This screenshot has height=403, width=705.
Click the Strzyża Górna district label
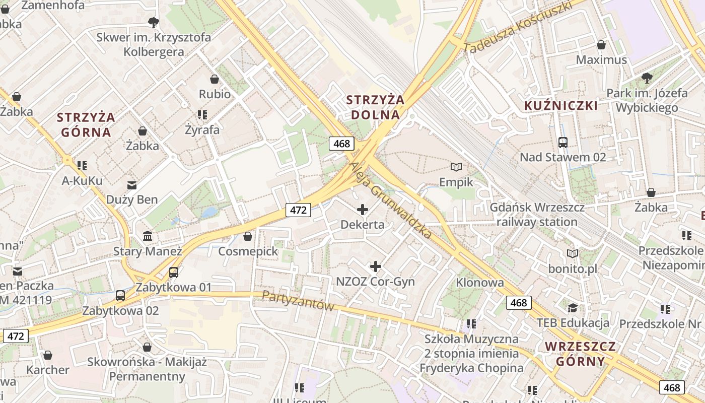click(x=86, y=124)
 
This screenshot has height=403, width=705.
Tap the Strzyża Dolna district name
click(x=376, y=107)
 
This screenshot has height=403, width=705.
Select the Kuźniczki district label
click(x=561, y=106)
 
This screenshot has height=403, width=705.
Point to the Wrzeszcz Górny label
click(x=581, y=354)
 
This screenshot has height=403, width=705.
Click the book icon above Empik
click(x=456, y=167)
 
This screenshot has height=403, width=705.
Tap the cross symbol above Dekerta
click(x=362, y=210)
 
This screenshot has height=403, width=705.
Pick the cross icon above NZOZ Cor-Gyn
click(x=375, y=266)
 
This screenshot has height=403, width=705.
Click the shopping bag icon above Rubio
click(x=215, y=79)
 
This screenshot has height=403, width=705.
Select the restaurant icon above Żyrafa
click(x=202, y=115)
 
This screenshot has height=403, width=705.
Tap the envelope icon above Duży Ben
click(x=132, y=185)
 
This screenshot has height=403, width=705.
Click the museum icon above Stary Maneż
click(x=148, y=236)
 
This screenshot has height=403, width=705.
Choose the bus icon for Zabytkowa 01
click(x=174, y=273)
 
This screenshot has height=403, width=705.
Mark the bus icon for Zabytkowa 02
click(x=120, y=296)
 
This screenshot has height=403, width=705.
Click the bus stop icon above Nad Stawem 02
click(x=562, y=143)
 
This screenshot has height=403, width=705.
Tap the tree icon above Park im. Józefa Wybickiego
click(x=647, y=78)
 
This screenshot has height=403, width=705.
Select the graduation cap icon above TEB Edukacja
click(x=573, y=308)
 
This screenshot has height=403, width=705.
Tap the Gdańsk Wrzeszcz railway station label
click(x=537, y=215)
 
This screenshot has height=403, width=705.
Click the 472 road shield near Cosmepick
click(x=298, y=210)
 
